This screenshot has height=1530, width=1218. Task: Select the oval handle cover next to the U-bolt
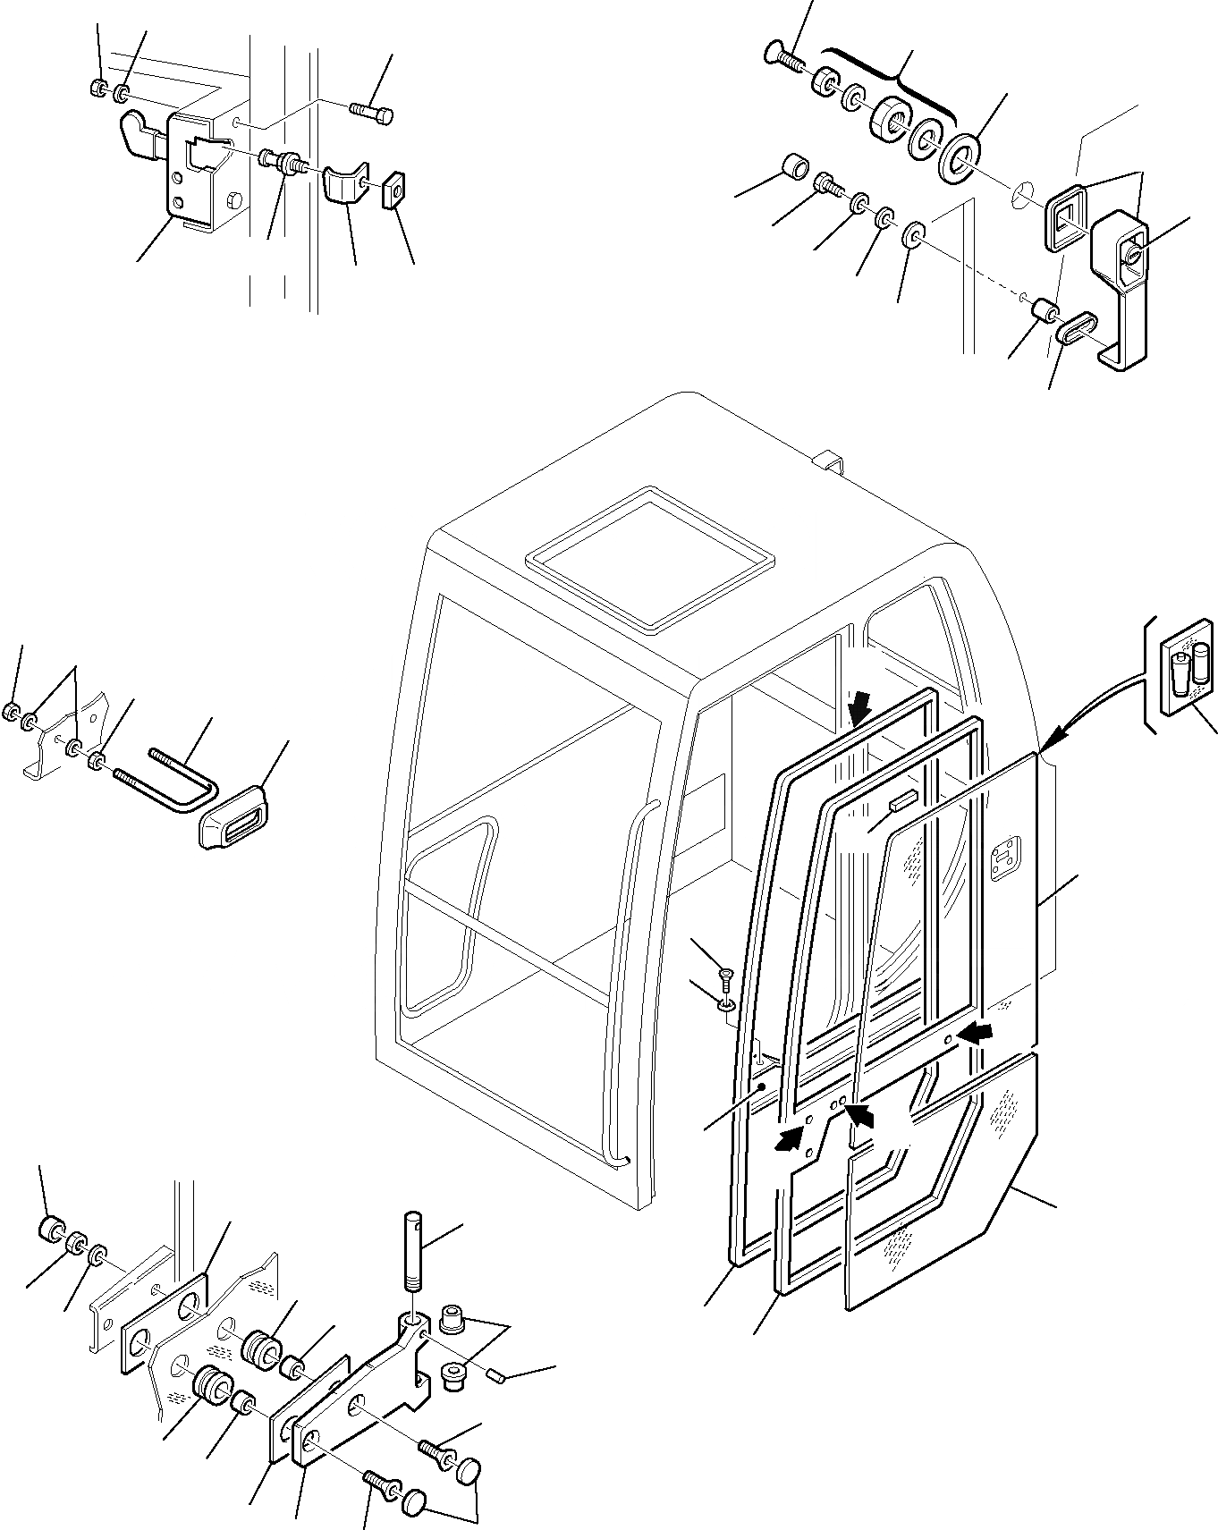(x=235, y=814)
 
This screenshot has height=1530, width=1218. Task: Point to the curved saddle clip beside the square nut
(x=344, y=184)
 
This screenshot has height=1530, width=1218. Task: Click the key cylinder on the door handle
(x=1133, y=256)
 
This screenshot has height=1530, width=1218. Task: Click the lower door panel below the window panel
(x=939, y=1198)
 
